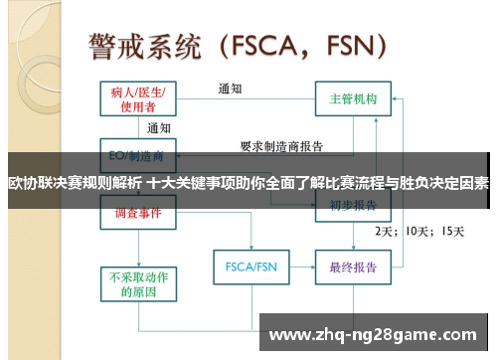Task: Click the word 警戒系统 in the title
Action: tap(145, 46)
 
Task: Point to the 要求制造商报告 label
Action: tap(282, 146)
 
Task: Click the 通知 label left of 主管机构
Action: tap(231, 88)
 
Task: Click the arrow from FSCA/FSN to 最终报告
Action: tap(299, 267)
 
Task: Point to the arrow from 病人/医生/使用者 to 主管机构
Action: tap(245, 99)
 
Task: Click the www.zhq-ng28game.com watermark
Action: tap(373, 333)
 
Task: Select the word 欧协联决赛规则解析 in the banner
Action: tap(75, 183)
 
